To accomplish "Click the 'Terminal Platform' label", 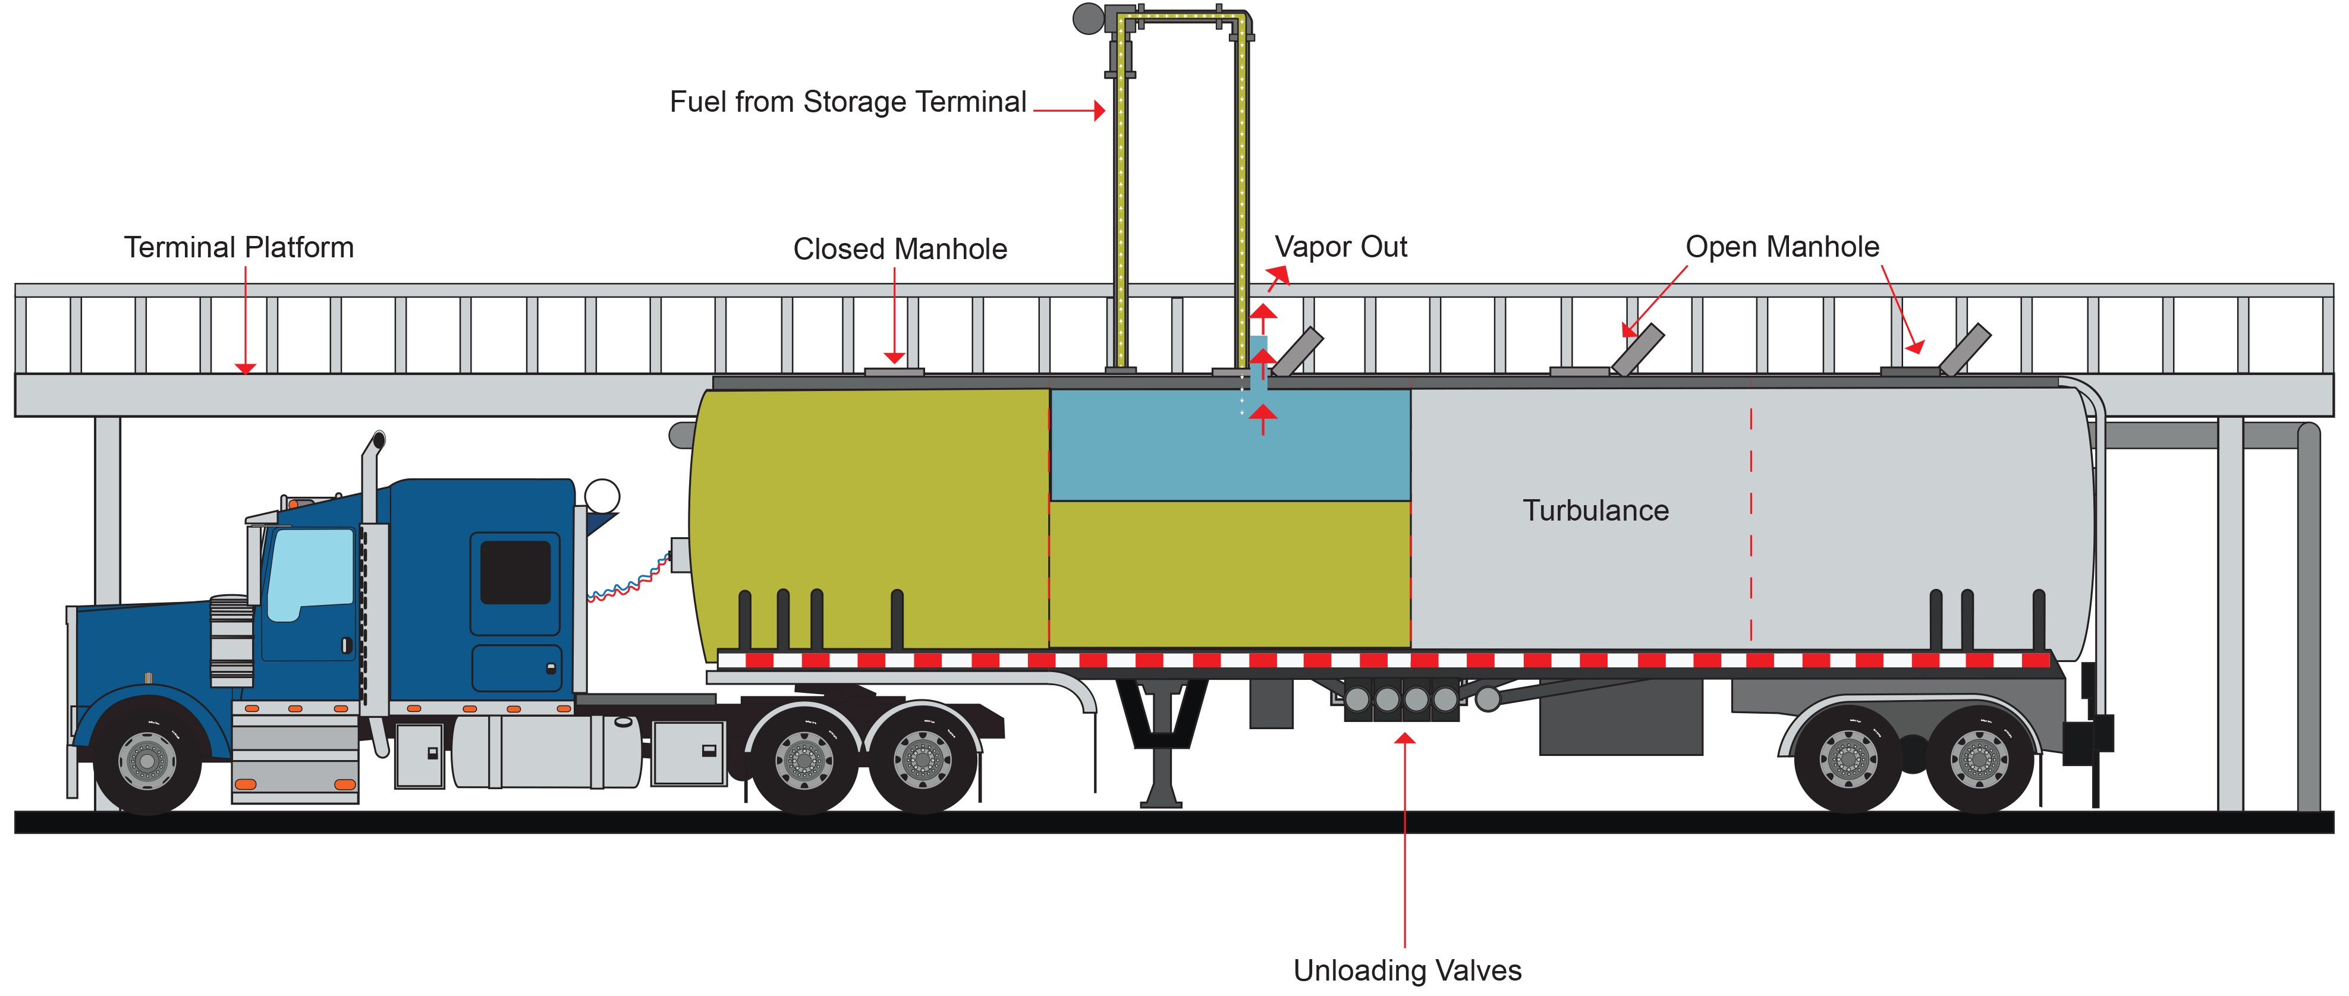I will pyautogui.click(x=239, y=248).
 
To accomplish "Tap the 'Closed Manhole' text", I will pyautogui.click(x=900, y=250).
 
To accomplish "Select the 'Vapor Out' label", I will pyautogui.click(x=1341, y=247).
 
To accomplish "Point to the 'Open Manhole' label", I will pyautogui.click(x=1782, y=247).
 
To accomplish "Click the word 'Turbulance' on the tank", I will pyautogui.click(x=1596, y=510).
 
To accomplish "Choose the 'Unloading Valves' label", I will pyautogui.click(x=1407, y=970).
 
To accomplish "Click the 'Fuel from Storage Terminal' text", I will pyautogui.click(x=848, y=102).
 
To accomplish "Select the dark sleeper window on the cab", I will pyautogui.click(x=515, y=572).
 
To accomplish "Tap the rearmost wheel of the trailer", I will pyautogui.click(x=1979, y=758).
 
